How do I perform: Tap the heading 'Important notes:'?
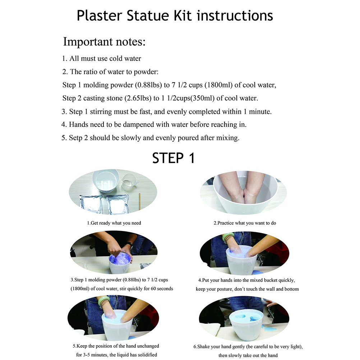click(104, 42)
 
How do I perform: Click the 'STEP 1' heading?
click(174, 158)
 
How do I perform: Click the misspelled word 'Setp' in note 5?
click(75, 138)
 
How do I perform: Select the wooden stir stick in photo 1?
click(139, 201)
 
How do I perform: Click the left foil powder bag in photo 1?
click(91, 204)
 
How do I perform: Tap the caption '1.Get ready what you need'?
click(114, 223)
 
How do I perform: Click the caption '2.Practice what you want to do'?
click(245, 223)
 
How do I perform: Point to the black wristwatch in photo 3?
click(130, 245)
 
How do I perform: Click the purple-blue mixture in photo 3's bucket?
click(120, 259)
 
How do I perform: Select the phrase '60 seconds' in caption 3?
click(162, 289)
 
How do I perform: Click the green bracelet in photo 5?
click(104, 301)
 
